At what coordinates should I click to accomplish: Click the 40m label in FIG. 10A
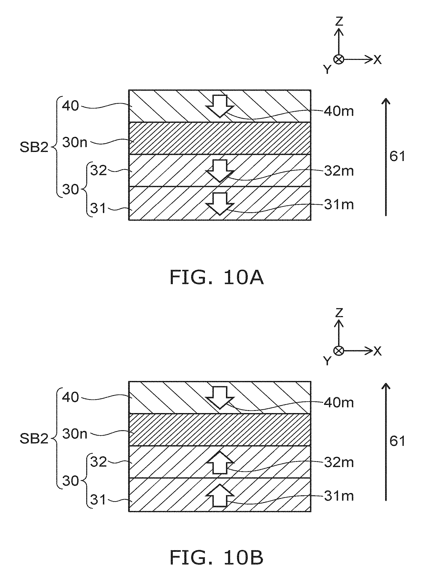click(339, 111)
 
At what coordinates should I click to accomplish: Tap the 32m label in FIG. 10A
click(339, 171)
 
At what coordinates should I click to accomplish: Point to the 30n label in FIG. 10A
click(75, 142)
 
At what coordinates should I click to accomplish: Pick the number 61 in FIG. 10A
click(397, 156)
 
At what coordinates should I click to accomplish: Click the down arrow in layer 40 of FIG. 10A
click(220, 106)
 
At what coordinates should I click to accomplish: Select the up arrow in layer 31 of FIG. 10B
click(220, 495)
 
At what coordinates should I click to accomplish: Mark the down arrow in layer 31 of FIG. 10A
click(220, 204)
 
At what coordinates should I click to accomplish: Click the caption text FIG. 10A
click(217, 278)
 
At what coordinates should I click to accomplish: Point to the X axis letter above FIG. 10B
click(377, 351)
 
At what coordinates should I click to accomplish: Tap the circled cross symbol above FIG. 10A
click(339, 59)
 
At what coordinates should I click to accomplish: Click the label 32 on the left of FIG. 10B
click(99, 462)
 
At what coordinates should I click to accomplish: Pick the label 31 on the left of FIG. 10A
click(98, 208)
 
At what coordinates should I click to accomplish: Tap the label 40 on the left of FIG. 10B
click(70, 397)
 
